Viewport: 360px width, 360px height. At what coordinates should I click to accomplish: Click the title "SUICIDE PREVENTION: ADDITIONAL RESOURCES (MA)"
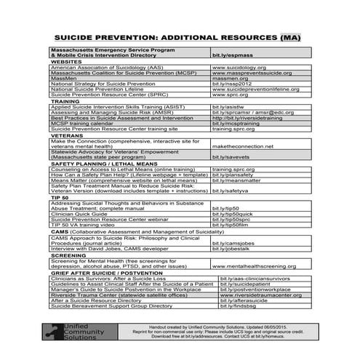(179, 36)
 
